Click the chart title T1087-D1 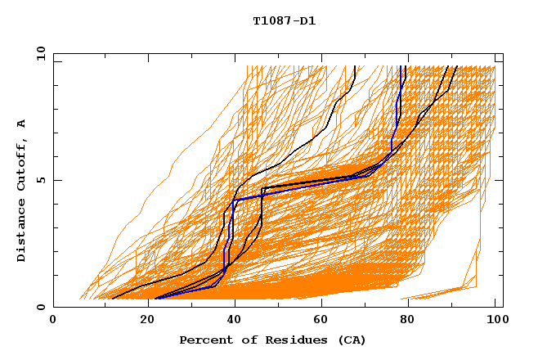[x=284, y=21]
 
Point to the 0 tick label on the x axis [x=53, y=322]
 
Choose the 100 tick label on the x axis [x=495, y=322]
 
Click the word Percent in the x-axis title [x=204, y=340]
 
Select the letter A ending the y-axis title [x=22, y=123]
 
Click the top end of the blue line [x=401, y=68]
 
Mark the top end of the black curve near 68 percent [x=355, y=68]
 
